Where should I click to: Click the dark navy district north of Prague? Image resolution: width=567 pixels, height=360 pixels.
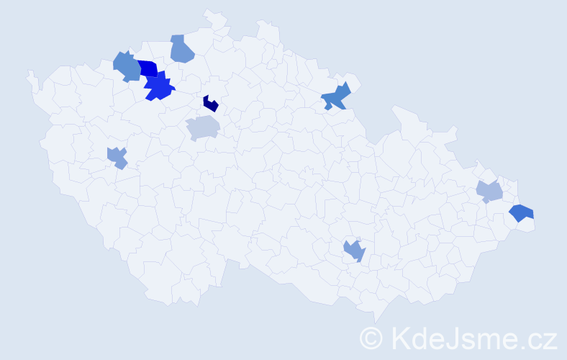(210, 104)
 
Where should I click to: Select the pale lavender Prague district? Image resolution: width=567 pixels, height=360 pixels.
(202, 127)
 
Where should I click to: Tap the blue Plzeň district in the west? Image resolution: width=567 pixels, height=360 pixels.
(117, 156)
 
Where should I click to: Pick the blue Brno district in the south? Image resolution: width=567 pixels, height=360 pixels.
(355, 251)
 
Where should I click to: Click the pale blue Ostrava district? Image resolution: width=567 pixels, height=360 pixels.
(489, 192)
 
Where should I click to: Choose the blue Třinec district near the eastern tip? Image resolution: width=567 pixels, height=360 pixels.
(521, 212)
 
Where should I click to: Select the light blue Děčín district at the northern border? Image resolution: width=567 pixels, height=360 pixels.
(182, 49)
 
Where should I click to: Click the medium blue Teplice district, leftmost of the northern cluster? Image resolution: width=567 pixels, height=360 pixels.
(127, 66)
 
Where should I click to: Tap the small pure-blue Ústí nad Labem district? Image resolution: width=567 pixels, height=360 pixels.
(148, 68)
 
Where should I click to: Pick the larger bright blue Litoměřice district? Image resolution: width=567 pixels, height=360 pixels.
(159, 88)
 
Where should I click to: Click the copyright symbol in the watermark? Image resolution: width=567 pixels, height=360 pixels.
(371, 338)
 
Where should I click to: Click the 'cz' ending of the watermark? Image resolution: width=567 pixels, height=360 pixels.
(543, 339)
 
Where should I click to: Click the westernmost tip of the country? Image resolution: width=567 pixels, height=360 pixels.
(29, 72)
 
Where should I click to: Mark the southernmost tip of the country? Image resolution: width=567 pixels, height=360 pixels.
(376, 321)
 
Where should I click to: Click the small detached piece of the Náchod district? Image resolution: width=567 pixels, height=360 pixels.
(328, 107)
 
